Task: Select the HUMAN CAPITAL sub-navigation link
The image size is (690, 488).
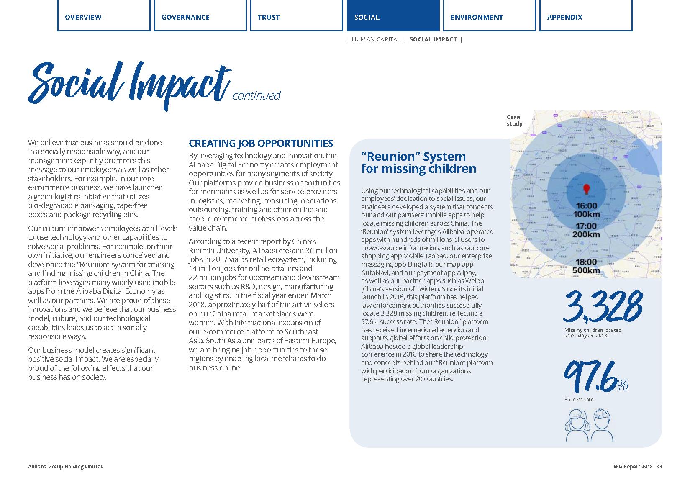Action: [376, 39]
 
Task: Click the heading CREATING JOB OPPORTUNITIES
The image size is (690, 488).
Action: [261, 144]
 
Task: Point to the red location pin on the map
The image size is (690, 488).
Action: [586, 189]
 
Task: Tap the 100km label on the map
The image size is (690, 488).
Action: [586, 214]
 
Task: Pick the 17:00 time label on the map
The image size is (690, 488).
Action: [586, 226]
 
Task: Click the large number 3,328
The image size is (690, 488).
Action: [603, 306]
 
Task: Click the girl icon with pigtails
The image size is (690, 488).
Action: [577, 425]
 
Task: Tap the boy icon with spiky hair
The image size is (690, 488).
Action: [601, 425]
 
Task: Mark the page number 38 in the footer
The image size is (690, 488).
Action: [659, 467]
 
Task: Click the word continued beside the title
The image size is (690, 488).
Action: [256, 96]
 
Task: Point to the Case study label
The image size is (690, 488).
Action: [514, 121]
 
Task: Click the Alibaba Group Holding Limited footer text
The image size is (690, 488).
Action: [66, 467]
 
